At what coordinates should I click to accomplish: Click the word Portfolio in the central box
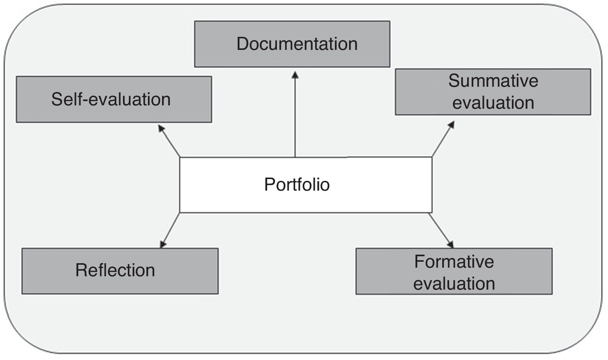(x=297, y=184)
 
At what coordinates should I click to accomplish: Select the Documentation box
(x=292, y=44)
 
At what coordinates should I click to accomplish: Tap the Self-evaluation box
(x=114, y=99)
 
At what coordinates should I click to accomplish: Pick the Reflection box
(x=120, y=271)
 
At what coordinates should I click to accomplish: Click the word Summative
(x=493, y=81)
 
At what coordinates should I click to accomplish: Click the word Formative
(x=454, y=262)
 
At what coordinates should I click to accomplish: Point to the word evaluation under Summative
(x=493, y=103)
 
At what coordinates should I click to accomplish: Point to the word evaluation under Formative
(x=454, y=284)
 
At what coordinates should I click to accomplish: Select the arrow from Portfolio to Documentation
(x=295, y=115)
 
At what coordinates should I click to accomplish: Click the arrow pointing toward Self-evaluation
(x=170, y=141)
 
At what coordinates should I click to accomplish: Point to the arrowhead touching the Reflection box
(x=163, y=245)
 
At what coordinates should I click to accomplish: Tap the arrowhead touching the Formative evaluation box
(x=450, y=245)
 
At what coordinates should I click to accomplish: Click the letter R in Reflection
(x=80, y=270)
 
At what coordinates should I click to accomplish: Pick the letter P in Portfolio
(x=269, y=184)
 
